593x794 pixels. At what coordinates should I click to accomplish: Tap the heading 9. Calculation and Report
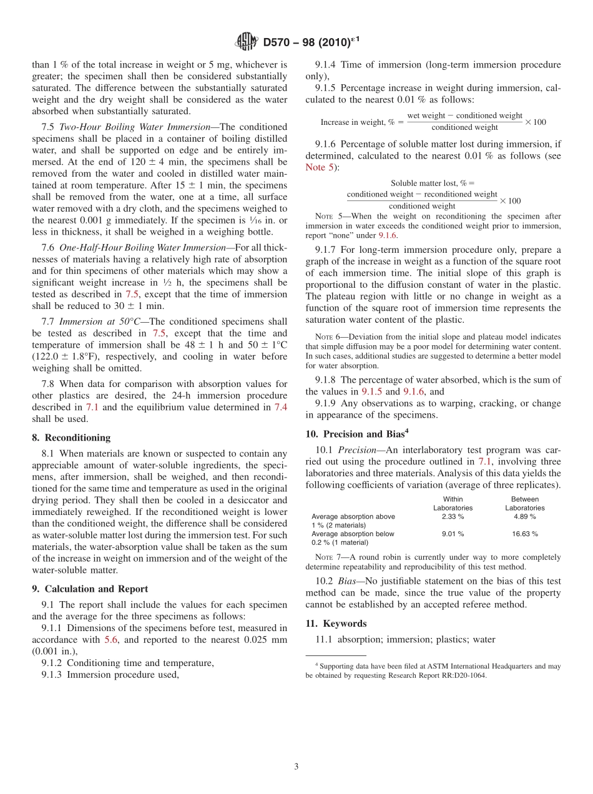tap(90, 589)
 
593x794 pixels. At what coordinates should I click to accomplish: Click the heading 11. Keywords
tap(336, 624)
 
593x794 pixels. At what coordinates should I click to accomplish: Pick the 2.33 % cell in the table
tap(453, 517)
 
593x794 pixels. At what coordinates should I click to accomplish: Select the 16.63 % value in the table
tap(524, 534)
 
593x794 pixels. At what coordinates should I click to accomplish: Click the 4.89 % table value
tap(524, 517)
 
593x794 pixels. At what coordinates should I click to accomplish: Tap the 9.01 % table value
tap(453, 534)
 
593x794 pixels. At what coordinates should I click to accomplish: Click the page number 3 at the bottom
tap(296, 767)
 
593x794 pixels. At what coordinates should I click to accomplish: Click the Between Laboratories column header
tap(524, 504)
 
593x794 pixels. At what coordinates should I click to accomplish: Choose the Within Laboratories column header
tap(453, 504)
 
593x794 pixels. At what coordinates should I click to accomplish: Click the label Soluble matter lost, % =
tap(432, 183)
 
